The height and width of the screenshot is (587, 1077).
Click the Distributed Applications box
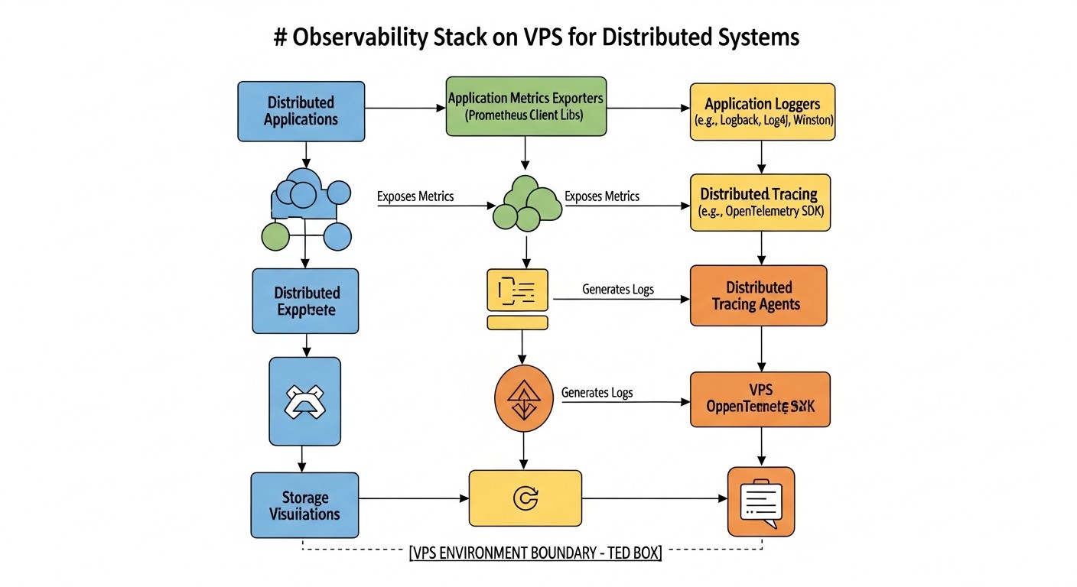point(301,112)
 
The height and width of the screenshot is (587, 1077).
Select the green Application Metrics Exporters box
point(525,107)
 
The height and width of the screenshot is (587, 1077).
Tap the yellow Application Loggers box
point(762,112)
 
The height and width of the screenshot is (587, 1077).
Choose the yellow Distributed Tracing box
point(760,203)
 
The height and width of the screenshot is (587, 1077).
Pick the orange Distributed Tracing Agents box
point(758,296)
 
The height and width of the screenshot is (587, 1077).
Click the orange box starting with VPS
point(760,399)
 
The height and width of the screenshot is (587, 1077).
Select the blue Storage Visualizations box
point(304,505)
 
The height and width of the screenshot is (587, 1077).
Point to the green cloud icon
point(526,204)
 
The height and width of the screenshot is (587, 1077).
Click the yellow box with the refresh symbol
point(525,498)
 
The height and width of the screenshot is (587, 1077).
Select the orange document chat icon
point(760,501)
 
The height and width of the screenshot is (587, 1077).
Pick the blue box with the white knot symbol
point(304,402)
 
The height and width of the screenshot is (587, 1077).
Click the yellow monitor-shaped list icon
point(518,298)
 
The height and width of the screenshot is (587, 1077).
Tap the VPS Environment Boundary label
point(535,553)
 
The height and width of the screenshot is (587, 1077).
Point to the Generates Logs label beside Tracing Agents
point(618,290)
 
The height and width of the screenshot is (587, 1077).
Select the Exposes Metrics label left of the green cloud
point(415,197)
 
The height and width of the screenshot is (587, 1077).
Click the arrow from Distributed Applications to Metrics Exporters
point(405,108)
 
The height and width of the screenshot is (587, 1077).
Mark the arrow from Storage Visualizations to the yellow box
point(414,499)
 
